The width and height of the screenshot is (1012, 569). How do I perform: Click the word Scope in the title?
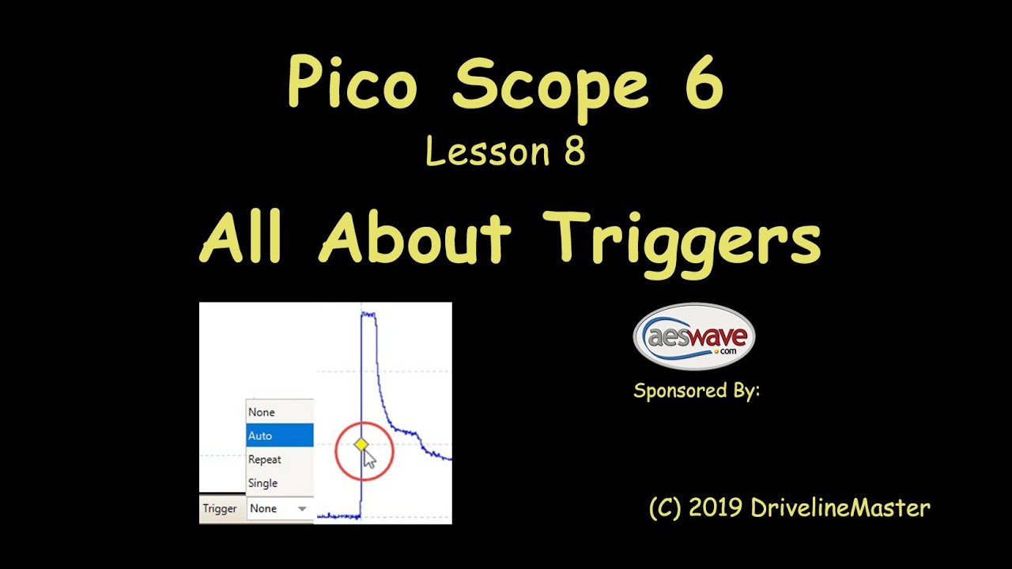tap(550, 85)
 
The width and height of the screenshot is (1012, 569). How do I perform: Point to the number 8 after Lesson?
tap(575, 152)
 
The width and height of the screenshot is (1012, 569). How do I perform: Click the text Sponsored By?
tap(696, 390)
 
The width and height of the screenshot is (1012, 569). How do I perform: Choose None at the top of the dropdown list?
tap(262, 412)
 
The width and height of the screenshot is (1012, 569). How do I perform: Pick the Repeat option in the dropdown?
tap(265, 459)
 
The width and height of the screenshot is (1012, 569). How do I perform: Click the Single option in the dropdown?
tap(263, 483)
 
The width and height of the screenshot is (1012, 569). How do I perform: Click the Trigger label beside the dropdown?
tap(220, 509)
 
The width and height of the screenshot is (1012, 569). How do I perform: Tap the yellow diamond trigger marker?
tap(361, 445)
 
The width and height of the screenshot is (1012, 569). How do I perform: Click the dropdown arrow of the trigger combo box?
tap(302, 509)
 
